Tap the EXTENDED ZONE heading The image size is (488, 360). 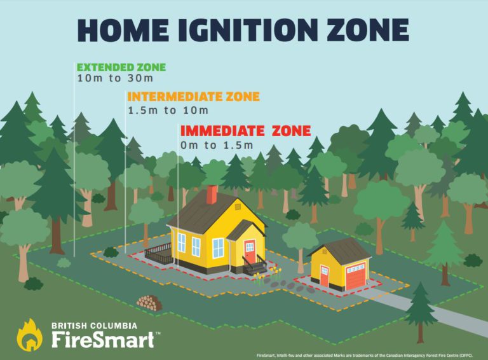pyautogui.click(x=121, y=67)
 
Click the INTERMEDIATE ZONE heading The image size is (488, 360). pyautogui.click(x=193, y=97)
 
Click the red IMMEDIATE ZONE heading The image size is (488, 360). pyautogui.click(x=245, y=131)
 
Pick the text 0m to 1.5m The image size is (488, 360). pyautogui.click(x=217, y=145)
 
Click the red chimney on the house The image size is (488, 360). pyautogui.click(x=212, y=195)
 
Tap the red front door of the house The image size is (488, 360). pyautogui.click(x=250, y=251)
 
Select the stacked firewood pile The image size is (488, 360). pyautogui.click(x=149, y=302)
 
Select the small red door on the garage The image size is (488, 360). pyautogui.click(x=325, y=276)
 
